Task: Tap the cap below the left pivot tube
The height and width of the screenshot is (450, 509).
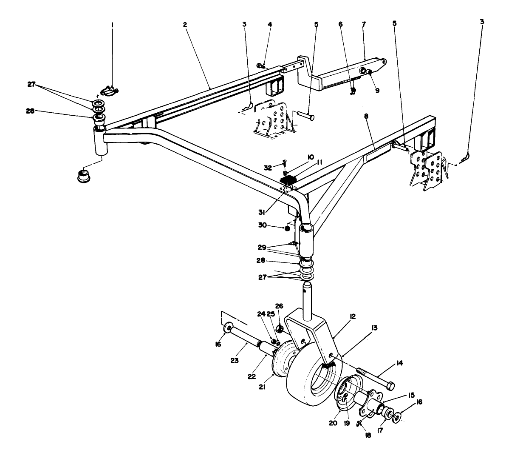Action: point(83,175)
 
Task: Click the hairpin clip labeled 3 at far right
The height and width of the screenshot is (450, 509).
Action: point(468,158)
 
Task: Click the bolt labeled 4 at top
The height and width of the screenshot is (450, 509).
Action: point(260,66)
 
